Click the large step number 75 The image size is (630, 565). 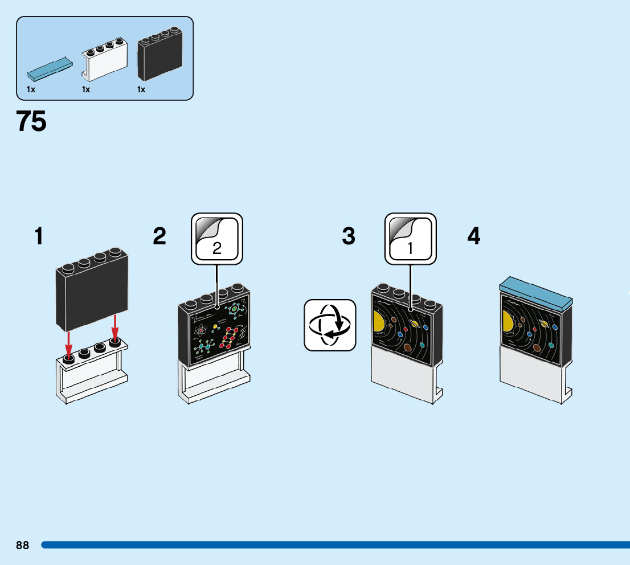click(31, 121)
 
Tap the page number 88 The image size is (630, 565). click(23, 545)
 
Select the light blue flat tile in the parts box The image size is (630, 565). click(50, 69)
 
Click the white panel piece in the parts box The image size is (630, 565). click(104, 59)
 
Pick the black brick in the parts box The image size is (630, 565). click(160, 54)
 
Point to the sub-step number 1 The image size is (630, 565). click(39, 236)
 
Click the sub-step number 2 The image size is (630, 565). click(159, 236)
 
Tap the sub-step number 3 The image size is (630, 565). click(349, 236)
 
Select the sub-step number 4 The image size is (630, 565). click(474, 236)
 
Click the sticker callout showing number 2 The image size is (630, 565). click(217, 239)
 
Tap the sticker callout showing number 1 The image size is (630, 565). click(411, 239)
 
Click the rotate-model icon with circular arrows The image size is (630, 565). click(330, 325)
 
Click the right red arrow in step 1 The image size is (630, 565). click(115, 327)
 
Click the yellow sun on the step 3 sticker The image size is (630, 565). click(378, 322)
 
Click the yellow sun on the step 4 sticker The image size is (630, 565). click(507, 321)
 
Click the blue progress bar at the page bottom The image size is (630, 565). click(336, 545)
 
